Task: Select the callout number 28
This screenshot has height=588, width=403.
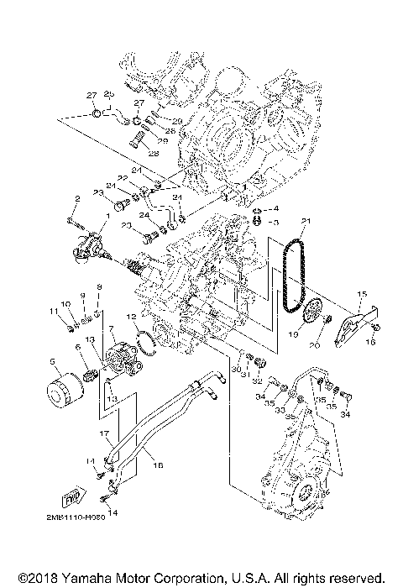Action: tap(154, 154)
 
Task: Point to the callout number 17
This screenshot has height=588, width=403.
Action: tap(106, 433)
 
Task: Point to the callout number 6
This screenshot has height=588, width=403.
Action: tap(78, 346)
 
